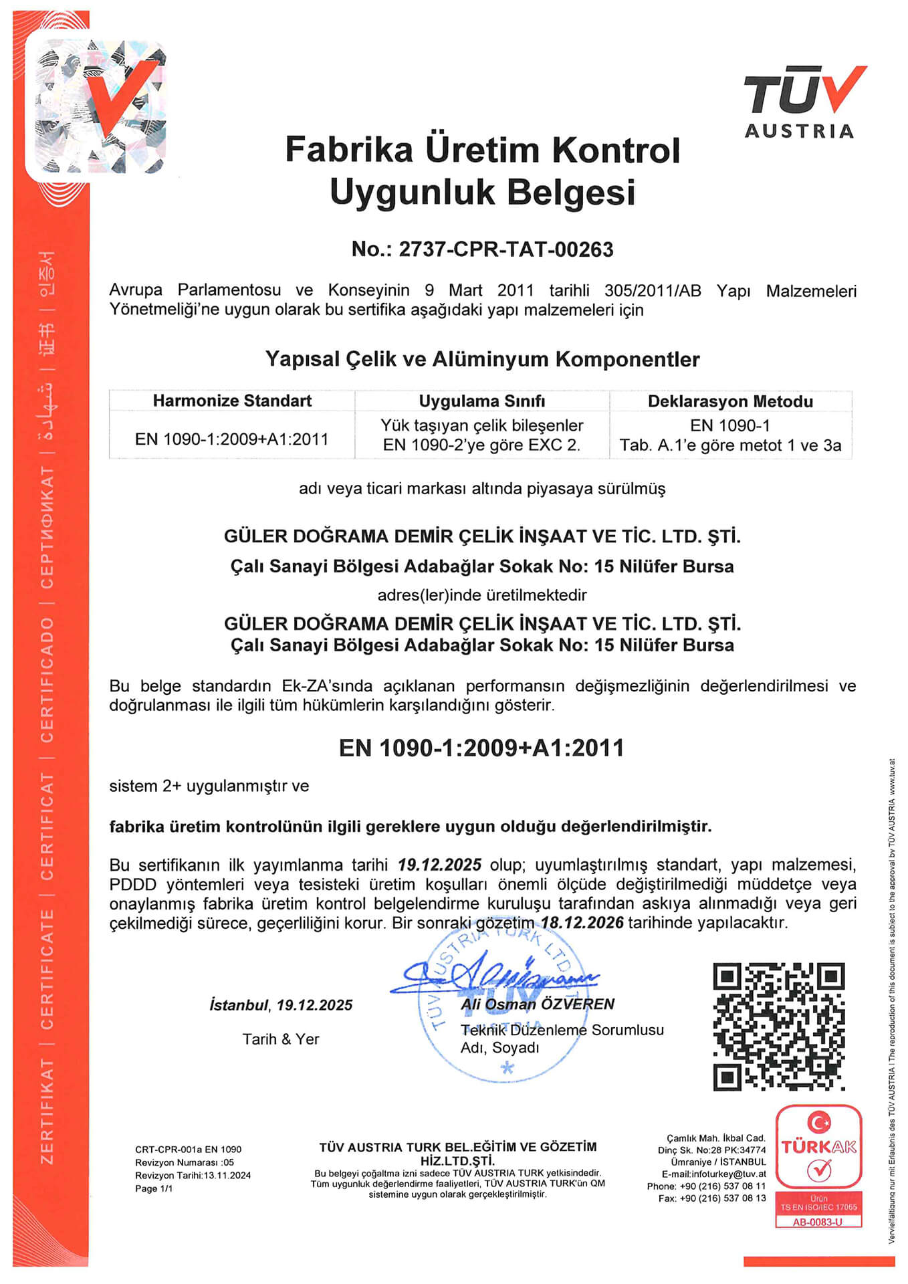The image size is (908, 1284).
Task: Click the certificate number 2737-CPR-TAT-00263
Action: pyautogui.click(x=505, y=249)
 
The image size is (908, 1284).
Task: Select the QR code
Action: pyautogui.click(x=778, y=1026)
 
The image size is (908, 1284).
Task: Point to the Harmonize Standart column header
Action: pyautogui.click(x=232, y=401)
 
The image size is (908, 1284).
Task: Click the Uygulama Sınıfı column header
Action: pyautogui.click(x=481, y=401)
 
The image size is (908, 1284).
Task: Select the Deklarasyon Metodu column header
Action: pyautogui.click(x=730, y=401)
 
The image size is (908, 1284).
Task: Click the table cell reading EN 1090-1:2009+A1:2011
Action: pyautogui.click(x=232, y=439)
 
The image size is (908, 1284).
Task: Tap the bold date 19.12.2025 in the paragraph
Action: pyautogui.click(x=439, y=865)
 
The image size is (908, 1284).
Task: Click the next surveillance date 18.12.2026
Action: pyautogui.click(x=582, y=923)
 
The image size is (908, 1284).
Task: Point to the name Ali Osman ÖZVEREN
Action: pyautogui.click(x=538, y=1004)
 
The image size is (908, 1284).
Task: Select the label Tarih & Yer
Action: pyautogui.click(x=281, y=1039)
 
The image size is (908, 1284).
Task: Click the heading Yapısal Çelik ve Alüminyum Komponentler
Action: pyautogui.click(x=482, y=359)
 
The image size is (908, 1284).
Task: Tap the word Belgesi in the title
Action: pyautogui.click(x=570, y=192)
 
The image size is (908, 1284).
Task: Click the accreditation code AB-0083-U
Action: pyautogui.click(x=818, y=1222)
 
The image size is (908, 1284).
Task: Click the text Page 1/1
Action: pyautogui.click(x=154, y=1188)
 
